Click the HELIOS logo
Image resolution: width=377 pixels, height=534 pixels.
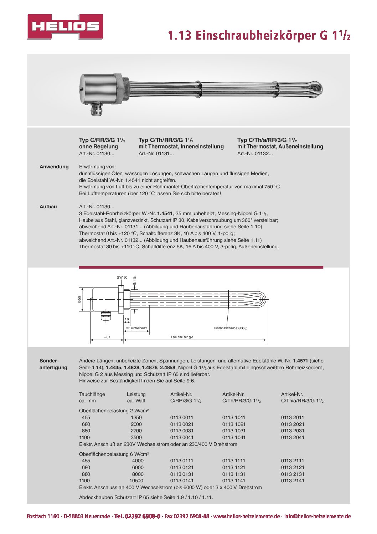coord(65,27)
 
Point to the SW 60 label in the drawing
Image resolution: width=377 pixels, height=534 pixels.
coord(122,277)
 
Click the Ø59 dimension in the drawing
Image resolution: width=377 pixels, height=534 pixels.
coord(80,299)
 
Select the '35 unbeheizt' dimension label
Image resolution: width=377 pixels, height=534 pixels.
coord(136,328)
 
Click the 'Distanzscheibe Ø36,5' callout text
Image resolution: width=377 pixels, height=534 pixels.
coord(230,328)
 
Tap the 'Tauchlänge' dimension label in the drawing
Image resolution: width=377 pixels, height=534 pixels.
coord(182,337)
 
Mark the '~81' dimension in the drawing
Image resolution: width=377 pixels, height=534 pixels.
coord(107,337)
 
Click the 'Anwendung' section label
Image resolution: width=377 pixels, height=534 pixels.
coord(54,167)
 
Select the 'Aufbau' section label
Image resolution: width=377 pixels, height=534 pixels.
coord(48,207)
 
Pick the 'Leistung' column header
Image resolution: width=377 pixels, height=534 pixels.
coord(136,394)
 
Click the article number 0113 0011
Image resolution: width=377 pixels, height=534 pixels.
coord(182,417)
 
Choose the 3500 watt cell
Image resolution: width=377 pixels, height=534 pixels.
coord(136,437)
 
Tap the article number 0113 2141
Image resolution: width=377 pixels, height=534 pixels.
coord(293,480)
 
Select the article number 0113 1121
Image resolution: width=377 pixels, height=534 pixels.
coord(234,467)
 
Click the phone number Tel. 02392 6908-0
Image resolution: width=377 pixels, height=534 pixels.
coord(137,516)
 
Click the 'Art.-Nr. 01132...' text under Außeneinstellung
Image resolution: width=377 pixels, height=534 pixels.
coord(255,153)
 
